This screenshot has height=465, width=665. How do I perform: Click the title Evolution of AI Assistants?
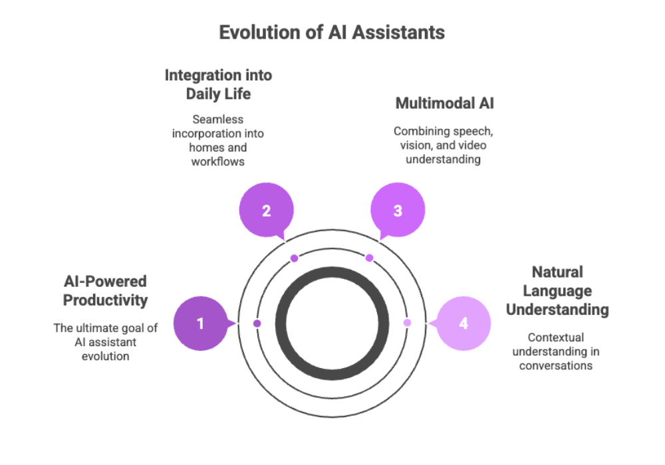[332, 32]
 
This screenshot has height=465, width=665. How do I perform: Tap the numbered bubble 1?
[200, 324]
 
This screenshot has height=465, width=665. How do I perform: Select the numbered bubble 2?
[266, 211]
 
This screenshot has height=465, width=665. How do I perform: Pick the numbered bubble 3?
[398, 211]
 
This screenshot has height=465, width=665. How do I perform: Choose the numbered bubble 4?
[464, 324]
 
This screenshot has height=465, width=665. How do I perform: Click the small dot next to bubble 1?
[257, 323]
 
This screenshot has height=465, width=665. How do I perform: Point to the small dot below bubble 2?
[295, 258]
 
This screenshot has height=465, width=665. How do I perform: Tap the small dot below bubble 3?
[369, 258]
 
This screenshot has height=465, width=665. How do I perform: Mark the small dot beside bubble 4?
[407, 323]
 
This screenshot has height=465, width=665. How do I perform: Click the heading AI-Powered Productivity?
[105, 290]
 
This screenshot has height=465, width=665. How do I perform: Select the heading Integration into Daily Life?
[218, 84]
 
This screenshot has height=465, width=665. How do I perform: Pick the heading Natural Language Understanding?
[557, 290]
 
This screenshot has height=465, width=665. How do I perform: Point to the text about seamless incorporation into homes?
[218, 141]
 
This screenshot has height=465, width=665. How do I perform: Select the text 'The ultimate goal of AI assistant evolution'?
[105, 341]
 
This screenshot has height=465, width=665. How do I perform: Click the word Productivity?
[105, 300]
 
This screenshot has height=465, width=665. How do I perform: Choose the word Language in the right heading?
[557, 290]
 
